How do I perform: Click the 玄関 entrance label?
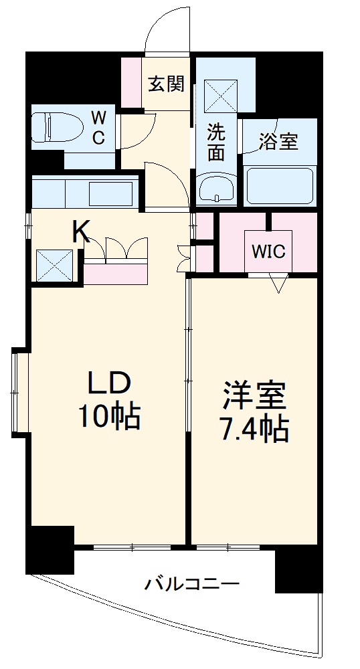(166, 84)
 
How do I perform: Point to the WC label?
(98, 128)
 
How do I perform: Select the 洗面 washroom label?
(215, 142)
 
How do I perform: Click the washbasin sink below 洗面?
(217, 188)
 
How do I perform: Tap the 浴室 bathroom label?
(278, 141)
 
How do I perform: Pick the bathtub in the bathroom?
(280, 185)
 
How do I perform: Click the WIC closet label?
(269, 252)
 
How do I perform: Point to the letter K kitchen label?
(81, 231)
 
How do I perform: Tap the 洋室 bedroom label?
(254, 396)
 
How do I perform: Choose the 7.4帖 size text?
(254, 429)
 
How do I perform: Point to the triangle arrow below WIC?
(278, 284)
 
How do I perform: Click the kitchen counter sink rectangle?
(110, 193)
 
